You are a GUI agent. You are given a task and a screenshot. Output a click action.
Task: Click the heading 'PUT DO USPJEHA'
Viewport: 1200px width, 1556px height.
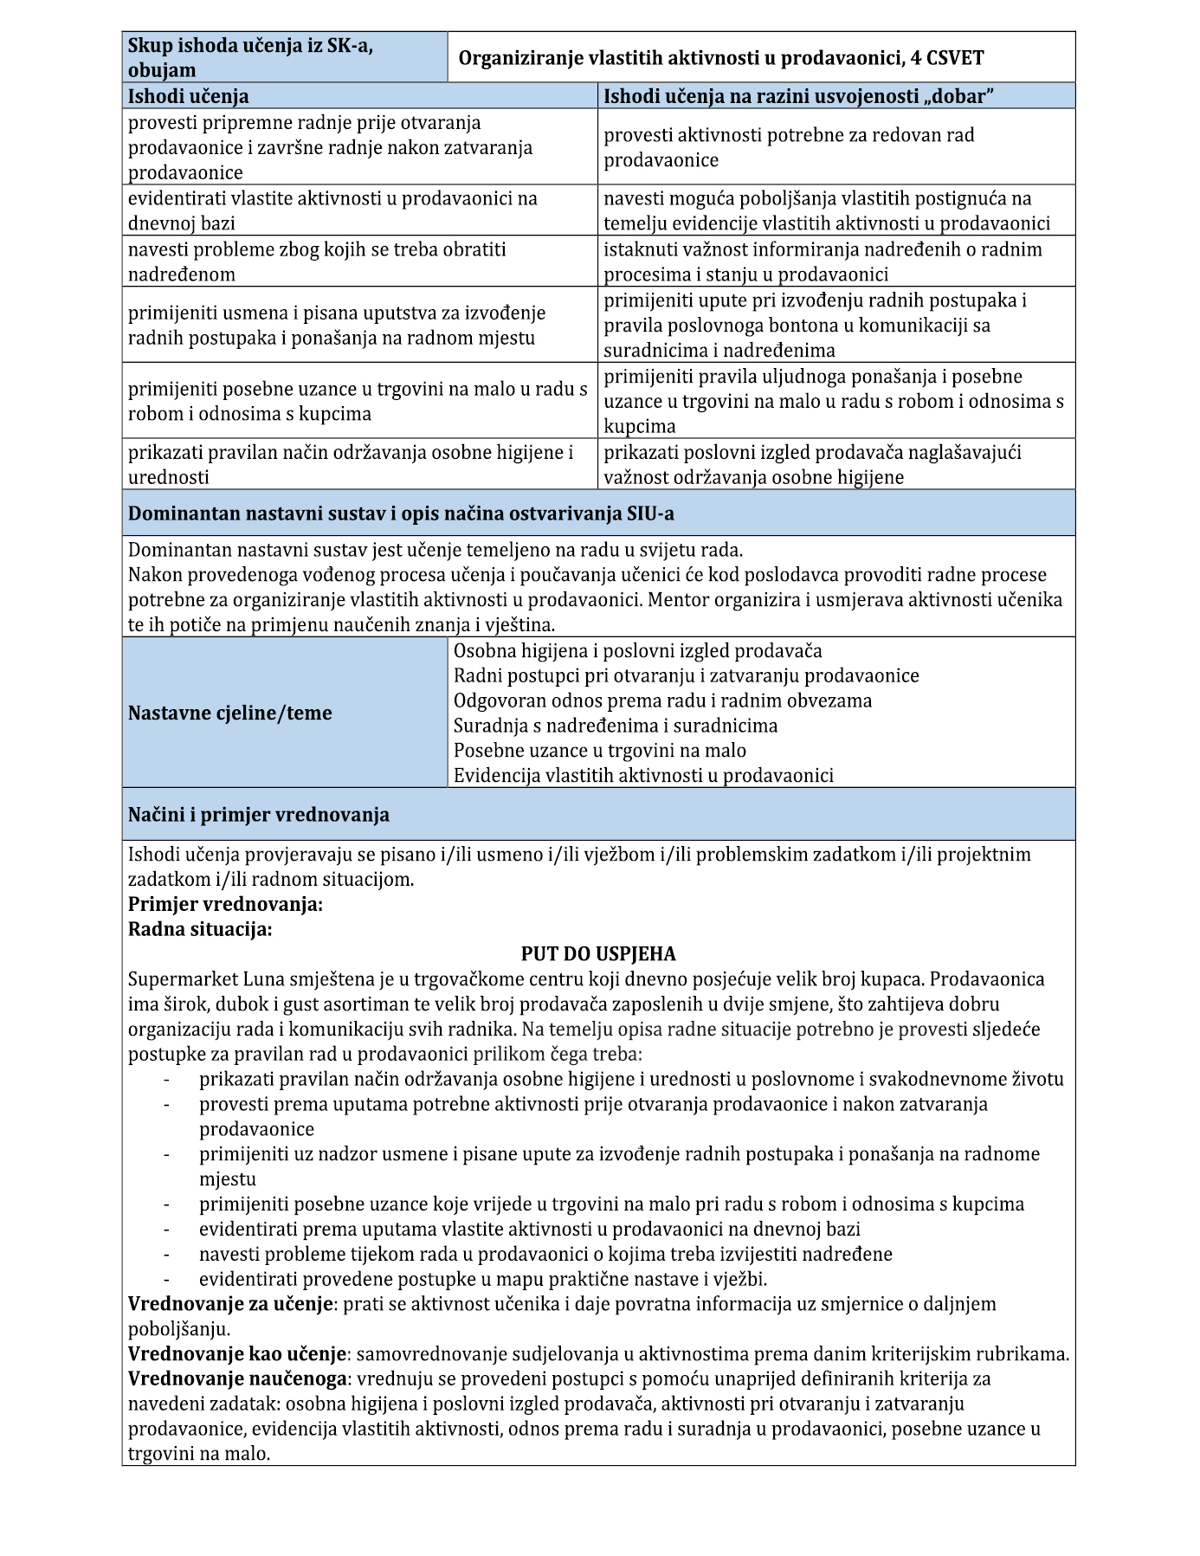[597, 954]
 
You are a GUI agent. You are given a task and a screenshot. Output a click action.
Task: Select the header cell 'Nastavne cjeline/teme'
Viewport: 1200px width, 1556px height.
[229, 713]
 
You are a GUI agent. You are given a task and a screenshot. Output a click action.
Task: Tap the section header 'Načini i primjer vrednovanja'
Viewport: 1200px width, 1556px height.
[258, 815]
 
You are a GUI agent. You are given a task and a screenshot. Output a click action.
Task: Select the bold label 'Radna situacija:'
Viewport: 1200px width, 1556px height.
[200, 930]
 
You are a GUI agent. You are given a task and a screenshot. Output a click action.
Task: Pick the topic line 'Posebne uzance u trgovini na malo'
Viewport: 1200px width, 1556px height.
[599, 751]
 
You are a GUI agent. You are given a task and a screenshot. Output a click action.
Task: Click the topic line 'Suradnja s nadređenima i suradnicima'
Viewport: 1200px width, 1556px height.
[616, 726]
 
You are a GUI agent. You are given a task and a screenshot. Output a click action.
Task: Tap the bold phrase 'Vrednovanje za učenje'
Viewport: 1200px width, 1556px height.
[230, 1304]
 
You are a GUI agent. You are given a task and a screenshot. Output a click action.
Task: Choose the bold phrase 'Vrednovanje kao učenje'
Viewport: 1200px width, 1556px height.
[237, 1354]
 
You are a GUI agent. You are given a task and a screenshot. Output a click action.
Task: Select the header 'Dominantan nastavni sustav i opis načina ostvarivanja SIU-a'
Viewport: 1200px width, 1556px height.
[401, 513]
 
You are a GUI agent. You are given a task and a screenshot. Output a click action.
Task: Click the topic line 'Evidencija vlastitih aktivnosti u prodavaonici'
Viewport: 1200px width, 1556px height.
[643, 776]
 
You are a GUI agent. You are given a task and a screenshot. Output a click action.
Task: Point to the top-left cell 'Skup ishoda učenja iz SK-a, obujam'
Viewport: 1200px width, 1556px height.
[251, 58]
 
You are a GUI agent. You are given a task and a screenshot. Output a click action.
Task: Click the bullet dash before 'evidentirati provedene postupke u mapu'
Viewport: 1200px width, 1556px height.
[166, 1279]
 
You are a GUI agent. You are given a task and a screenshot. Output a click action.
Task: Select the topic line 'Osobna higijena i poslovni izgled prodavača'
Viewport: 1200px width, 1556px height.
[637, 651]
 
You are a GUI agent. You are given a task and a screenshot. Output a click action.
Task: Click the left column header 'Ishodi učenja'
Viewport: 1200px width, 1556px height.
[188, 96]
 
